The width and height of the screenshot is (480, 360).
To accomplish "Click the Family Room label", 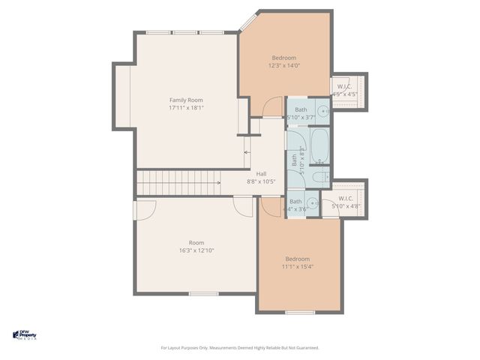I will (186, 100).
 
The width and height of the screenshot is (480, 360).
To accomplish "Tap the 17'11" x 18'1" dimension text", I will (186, 108).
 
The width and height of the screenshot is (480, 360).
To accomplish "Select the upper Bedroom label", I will (284, 58).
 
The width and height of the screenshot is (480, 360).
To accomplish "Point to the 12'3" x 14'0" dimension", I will (284, 66).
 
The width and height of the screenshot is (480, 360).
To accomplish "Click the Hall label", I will (261, 173).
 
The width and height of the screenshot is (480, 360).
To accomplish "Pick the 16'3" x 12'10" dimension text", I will (196, 250).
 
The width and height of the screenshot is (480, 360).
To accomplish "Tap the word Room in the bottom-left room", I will (196, 242).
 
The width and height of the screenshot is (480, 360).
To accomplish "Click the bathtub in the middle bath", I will (319, 145).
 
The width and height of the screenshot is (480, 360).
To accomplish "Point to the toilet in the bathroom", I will (318, 177).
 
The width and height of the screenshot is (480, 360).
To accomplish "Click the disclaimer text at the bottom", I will (240, 348).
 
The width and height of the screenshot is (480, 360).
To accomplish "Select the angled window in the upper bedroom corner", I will (247, 22).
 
